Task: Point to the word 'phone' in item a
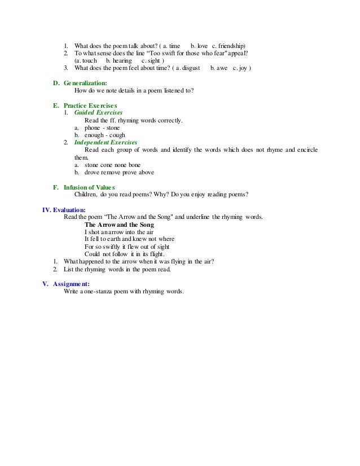click(x=92, y=128)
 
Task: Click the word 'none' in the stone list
click(x=121, y=165)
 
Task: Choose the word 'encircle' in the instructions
click(x=306, y=150)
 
